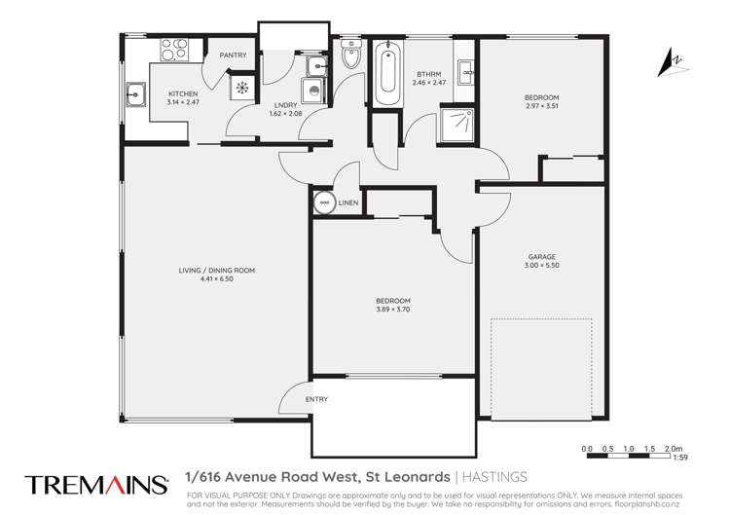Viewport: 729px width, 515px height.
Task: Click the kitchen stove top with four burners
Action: point(173,48)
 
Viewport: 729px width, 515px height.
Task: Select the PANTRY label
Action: point(233,55)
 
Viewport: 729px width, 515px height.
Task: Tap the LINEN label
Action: point(348,202)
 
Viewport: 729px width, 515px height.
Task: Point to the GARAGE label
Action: point(542,257)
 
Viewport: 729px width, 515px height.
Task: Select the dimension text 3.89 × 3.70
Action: point(393,309)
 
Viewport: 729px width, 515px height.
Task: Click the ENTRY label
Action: point(317,399)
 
